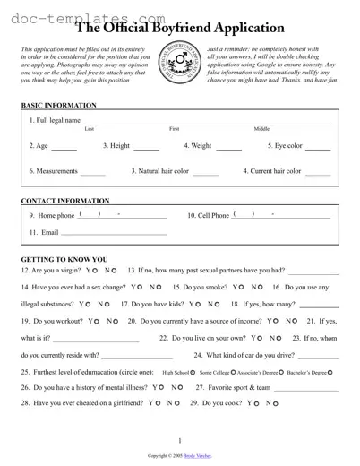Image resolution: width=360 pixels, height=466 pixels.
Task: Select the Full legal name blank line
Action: (208, 121)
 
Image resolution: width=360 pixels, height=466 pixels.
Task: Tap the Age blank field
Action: (64, 147)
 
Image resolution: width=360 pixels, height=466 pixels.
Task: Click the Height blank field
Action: (146, 147)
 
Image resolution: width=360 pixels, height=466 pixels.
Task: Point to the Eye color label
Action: (285, 145)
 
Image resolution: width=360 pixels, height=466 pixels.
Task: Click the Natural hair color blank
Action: (205, 172)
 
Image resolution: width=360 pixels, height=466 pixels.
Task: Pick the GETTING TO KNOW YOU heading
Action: (64, 259)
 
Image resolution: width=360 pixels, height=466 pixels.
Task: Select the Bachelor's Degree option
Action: (330, 372)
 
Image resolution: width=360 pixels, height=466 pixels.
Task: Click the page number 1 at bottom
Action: (180, 441)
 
